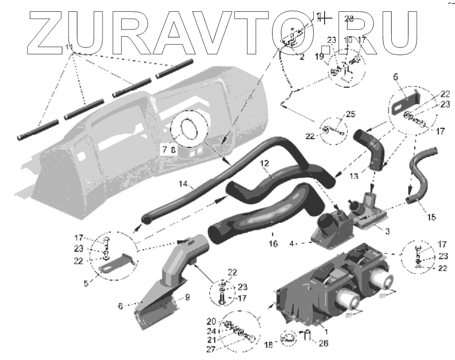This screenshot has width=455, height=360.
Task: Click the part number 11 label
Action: [69, 48]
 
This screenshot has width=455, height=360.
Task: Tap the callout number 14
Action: [183, 184]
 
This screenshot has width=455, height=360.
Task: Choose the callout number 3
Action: [387, 230]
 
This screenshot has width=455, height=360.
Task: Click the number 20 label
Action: [211, 321]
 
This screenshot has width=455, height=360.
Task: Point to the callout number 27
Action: [211, 349]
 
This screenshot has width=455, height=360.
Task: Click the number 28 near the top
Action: [349, 19]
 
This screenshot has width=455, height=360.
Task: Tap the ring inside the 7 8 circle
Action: [190, 128]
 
